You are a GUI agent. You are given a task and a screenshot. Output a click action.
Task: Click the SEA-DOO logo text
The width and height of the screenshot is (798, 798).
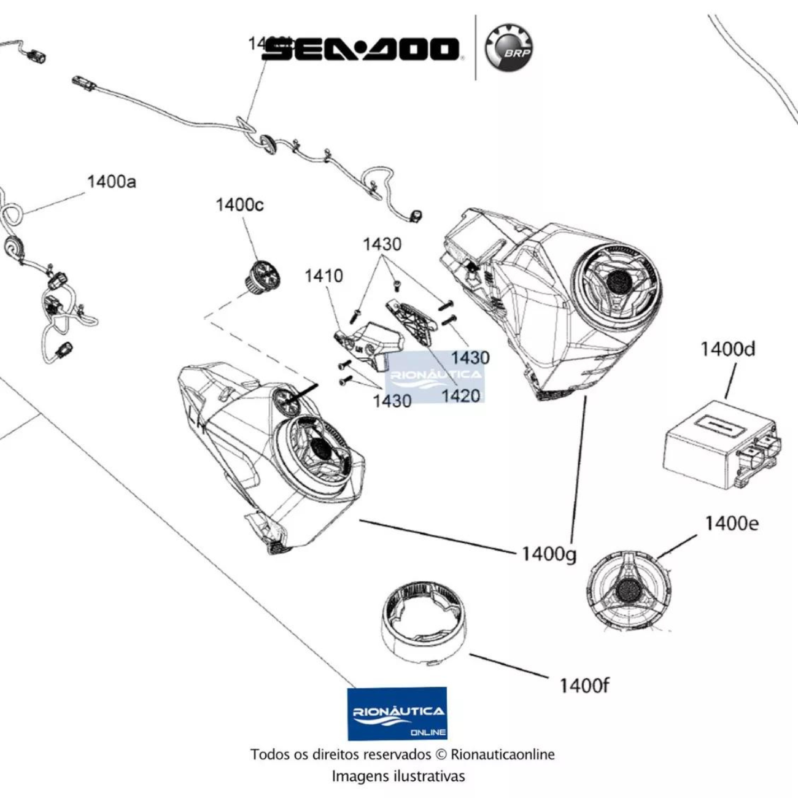click(x=361, y=49)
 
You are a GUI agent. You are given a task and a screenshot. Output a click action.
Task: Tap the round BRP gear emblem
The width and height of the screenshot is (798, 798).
click(x=509, y=48)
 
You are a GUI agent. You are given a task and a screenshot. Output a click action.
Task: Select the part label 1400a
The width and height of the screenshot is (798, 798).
click(x=111, y=182)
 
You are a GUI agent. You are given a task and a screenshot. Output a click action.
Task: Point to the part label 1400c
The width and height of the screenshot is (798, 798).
click(x=239, y=204)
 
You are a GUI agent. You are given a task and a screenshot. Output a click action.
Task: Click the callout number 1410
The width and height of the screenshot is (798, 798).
click(x=323, y=276)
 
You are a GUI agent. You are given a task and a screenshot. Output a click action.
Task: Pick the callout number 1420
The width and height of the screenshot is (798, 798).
click(x=460, y=396)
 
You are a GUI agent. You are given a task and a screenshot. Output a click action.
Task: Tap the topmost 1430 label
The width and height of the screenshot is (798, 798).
click(x=382, y=244)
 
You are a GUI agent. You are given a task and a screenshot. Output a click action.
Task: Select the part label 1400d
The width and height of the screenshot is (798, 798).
click(x=727, y=349)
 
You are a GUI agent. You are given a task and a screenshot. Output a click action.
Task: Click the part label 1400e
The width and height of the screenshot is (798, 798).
click(x=731, y=523)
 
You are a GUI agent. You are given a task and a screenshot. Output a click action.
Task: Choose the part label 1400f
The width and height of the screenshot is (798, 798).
click(x=584, y=685)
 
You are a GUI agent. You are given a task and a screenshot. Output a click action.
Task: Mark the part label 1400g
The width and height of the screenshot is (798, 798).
click(x=549, y=554)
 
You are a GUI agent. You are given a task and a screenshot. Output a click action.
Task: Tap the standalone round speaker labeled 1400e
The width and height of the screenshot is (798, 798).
click(x=627, y=590)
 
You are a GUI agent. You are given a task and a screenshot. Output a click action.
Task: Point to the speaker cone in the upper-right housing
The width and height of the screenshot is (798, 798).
click(x=616, y=282)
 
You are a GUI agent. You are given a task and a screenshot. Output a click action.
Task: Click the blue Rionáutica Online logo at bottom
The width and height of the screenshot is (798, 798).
click(x=397, y=714)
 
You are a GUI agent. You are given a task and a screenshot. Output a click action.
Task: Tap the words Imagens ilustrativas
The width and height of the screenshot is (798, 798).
click(x=398, y=776)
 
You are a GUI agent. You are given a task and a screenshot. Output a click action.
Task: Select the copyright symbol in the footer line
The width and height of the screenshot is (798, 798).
click(x=440, y=754)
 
